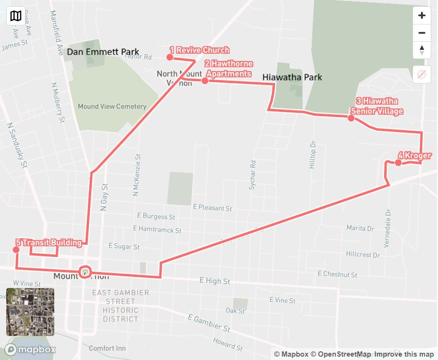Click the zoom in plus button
(422, 15)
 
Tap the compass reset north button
(422, 50)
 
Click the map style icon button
(16, 16)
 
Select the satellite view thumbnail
(30, 312)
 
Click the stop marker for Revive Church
(170, 58)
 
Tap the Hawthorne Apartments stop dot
(205, 81)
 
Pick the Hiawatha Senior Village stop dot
(351, 118)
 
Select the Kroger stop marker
(398, 163)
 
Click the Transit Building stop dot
(17, 250)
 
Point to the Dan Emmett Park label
(103, 52)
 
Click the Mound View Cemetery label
(112, 107)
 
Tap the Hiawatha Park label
(292, 77)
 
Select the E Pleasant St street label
(212, 208)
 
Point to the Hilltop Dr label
(313, 155)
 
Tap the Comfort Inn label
(107, 348)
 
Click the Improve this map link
(404, 354)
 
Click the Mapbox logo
(31, 349)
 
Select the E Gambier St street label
(209, 324)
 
